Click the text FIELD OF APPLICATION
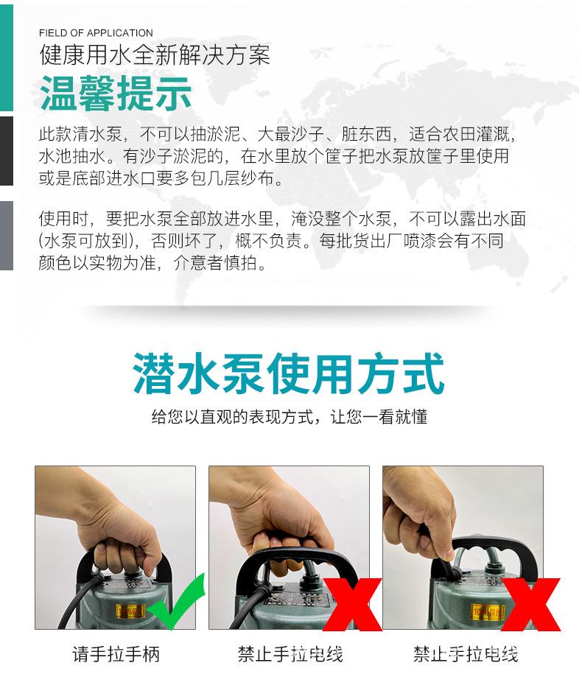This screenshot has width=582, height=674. click(x=96, y=33)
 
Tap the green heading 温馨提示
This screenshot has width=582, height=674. click(x=116, y=94)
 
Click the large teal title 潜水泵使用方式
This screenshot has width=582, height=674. click(x=290, y=374)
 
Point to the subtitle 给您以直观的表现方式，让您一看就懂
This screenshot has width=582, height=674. click(x=290, y=417)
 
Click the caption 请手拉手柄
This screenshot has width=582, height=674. click(x=116, y=653)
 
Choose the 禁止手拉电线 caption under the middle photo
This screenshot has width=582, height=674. click(x=290, y=653)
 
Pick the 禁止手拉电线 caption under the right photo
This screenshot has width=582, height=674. click(x=465, y=653)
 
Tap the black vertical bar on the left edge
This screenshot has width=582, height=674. click(x=7, y=151)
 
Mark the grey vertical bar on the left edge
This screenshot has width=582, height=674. click(x=7, y=236)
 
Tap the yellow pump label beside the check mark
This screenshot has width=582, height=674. click(x=132, y=611)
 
